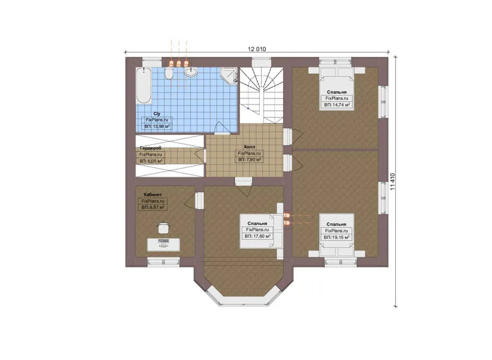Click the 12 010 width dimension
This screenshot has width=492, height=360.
click(257, 49)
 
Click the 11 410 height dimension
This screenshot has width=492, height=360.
click(392, 182)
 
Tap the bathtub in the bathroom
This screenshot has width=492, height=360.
click(144, 85)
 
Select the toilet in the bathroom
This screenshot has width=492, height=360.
click(169, 74)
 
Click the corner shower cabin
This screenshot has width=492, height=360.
click(229, 75)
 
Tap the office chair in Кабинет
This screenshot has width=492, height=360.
click(162, 227)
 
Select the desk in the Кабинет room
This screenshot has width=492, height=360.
click(164, 244)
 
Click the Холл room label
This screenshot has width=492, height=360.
click(249, 147)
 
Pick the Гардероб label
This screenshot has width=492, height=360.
click(151, 148)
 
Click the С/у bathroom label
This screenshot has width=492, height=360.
click(156, 114)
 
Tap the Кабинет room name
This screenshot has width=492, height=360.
click(153, 194)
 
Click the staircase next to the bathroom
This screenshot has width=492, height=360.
click(261, 96)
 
